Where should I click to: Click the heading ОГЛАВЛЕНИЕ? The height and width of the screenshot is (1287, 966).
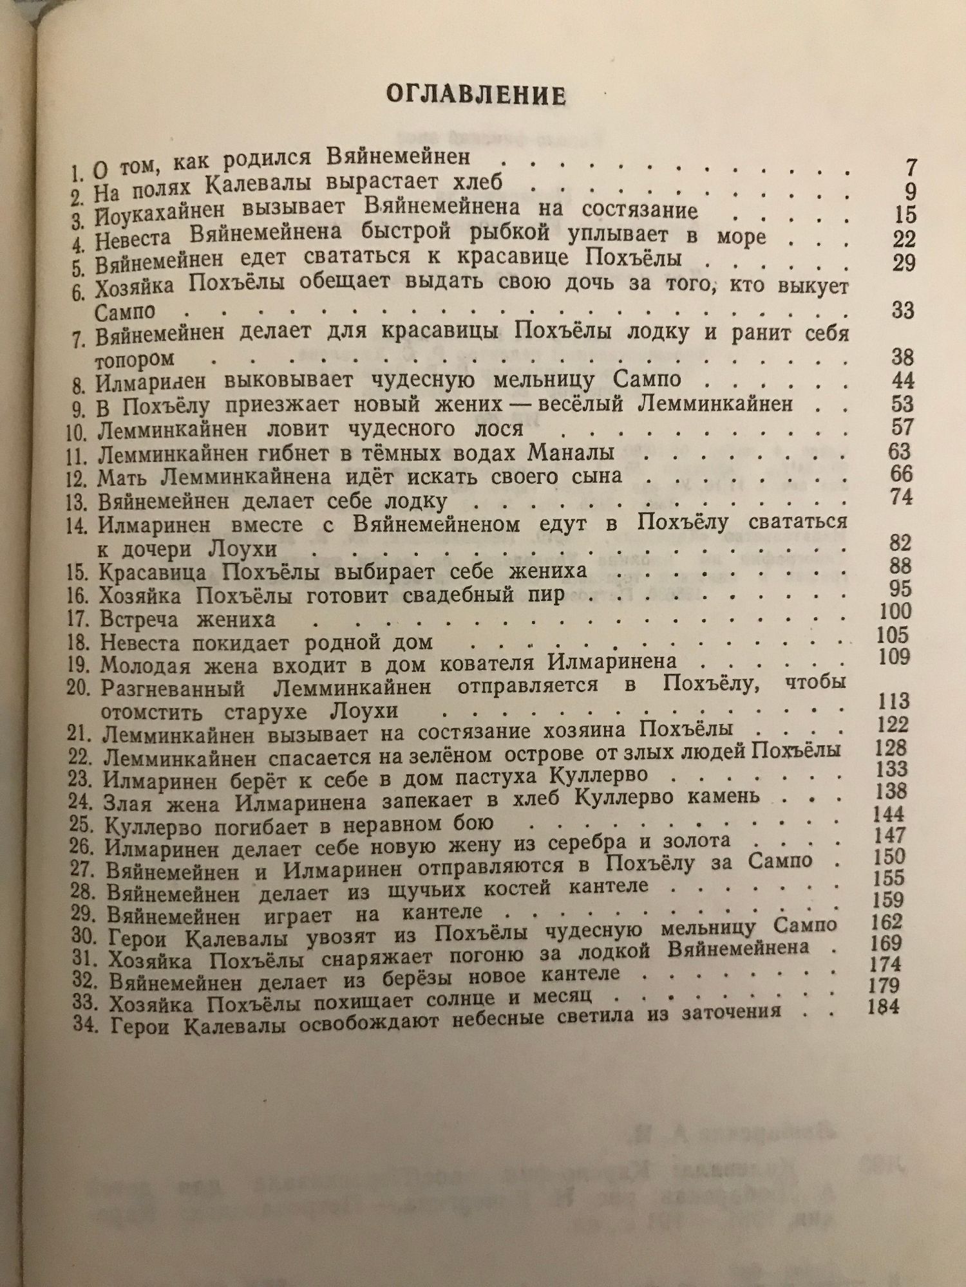click(476, 96)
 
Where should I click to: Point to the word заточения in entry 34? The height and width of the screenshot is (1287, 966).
click(728, 1011)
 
